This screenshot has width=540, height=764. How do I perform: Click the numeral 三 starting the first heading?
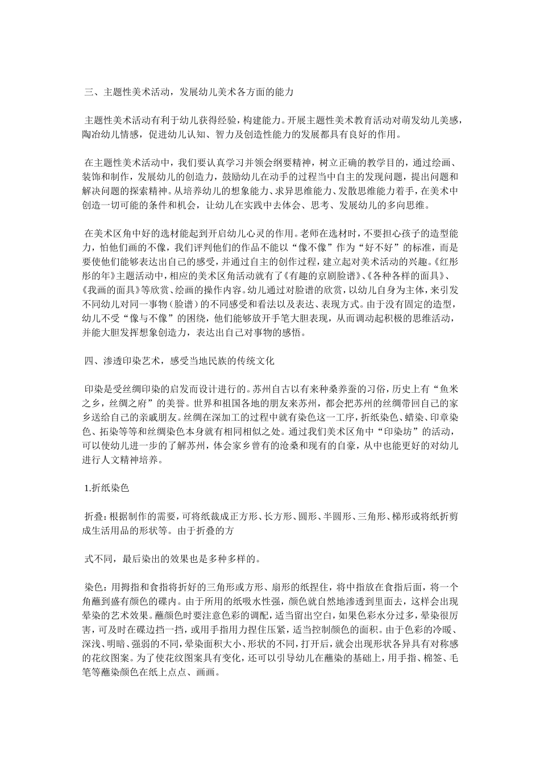88,92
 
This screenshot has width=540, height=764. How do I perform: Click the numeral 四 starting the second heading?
88,360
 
